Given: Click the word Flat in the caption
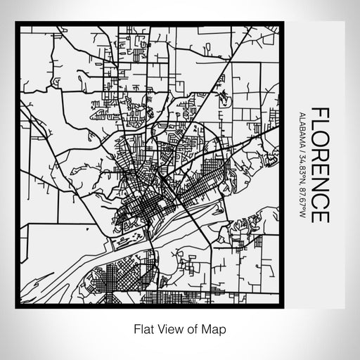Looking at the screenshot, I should coord(136,328).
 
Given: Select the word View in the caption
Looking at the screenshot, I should coord(164,328).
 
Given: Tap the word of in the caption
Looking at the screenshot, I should coord(188,328).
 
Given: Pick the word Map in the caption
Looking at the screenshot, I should coord(212,328).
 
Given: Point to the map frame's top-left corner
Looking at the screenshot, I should coord(17,25).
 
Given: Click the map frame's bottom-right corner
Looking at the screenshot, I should coord(282,307).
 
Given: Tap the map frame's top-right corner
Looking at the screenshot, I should coord(282,25).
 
